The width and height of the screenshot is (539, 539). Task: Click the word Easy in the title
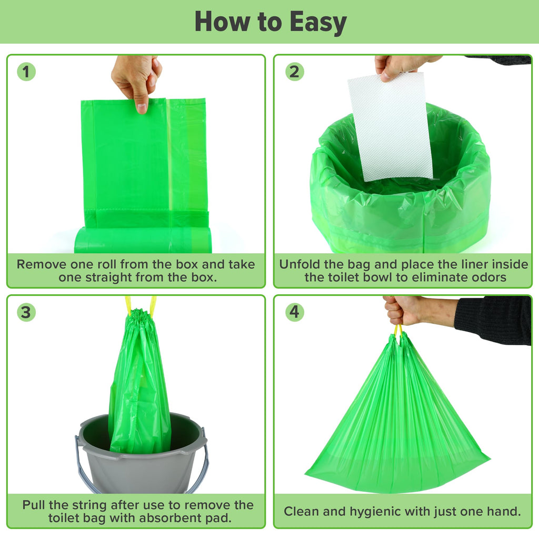317,22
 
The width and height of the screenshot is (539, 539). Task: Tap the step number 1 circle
26,72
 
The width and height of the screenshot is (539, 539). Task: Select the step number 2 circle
295,72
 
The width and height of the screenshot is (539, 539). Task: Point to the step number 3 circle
26,312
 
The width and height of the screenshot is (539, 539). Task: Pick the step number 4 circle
295,312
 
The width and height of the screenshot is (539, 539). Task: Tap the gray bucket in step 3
141,454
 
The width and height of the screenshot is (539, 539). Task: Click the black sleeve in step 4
493,320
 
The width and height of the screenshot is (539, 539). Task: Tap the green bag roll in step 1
143,240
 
